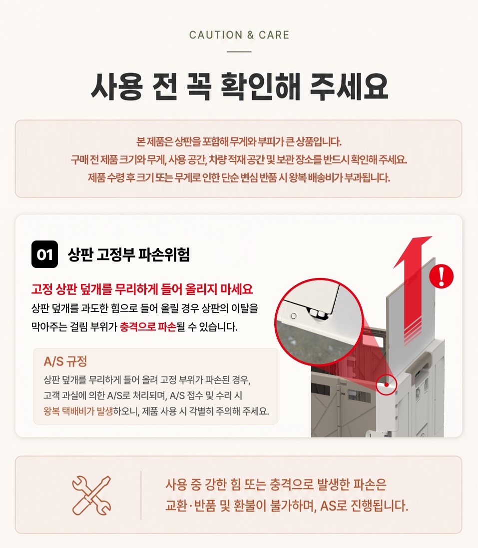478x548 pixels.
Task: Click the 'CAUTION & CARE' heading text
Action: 239,35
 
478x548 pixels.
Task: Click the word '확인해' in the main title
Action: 260,86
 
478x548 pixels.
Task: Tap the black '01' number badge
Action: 44,254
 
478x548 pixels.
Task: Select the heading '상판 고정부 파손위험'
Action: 128,254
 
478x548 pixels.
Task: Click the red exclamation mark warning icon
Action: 442,276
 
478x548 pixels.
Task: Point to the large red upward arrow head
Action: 414,250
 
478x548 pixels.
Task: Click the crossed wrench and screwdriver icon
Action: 91,495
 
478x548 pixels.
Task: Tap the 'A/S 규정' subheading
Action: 65,361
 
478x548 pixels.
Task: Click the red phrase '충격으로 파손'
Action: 148,327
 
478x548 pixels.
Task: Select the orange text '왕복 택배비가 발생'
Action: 78,411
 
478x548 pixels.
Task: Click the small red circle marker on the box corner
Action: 387,384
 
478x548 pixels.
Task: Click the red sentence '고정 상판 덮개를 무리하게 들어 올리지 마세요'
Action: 142,289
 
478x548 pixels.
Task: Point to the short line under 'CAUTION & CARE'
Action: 239,51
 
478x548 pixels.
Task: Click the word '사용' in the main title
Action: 116,86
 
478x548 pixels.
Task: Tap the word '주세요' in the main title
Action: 349,86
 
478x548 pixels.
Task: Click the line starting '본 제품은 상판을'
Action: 239,141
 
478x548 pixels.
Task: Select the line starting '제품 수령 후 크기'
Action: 239,178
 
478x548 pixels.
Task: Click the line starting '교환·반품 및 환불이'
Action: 287,505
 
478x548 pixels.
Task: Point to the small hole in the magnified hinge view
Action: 294,316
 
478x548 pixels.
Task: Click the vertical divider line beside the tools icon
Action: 141,495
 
